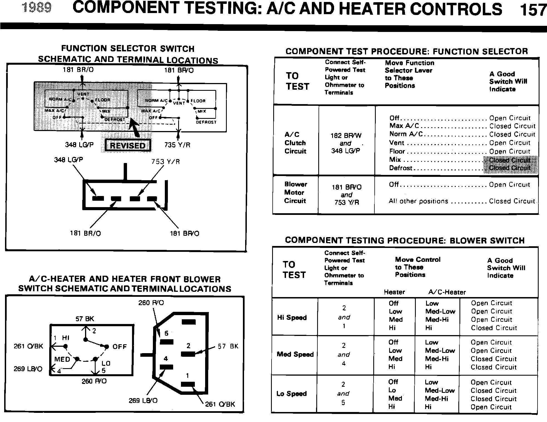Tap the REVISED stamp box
tap(128, 146)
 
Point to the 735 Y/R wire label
tap(177, 145)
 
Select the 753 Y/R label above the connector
tap(166, 162)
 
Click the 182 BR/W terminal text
tap(346, 136)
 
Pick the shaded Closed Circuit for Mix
tap(510, 160)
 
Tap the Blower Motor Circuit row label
tap(295, 192)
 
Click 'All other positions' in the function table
tap(418, 201)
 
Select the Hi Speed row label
tap(292, 318)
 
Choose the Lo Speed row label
tap(291, 393)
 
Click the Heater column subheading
tap(394, 292)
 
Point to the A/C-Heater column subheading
tap(447, 292)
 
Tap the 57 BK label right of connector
tap(228, 346)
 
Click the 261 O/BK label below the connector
tap(220, 404)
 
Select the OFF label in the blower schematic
tap(120, 346)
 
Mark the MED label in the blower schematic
tap(62, 359)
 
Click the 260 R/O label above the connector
tap(151, 303)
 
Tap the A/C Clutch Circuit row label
tap(295, 143)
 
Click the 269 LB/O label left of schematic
tap(28, 369)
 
